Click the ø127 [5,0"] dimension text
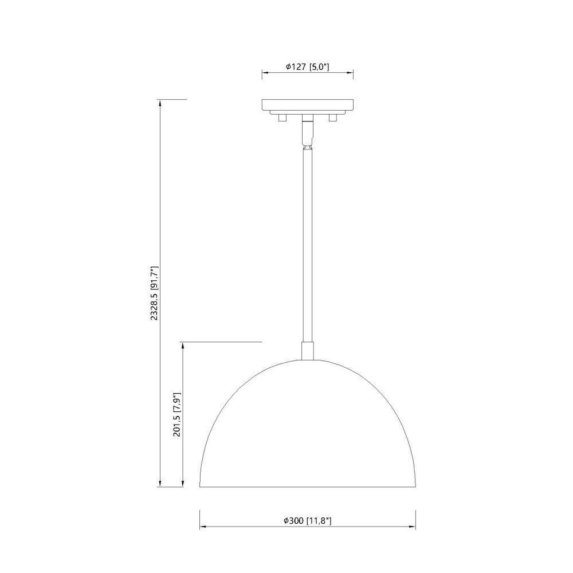click(307, 67)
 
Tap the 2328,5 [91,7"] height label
click(155, 293)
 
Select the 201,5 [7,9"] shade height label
click(177, 414)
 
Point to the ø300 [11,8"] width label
click(307, 520)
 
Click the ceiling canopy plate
click(307, 104)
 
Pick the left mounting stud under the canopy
click(282, 117)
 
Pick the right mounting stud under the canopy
click(332, 117)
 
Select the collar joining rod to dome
click(307, 351)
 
